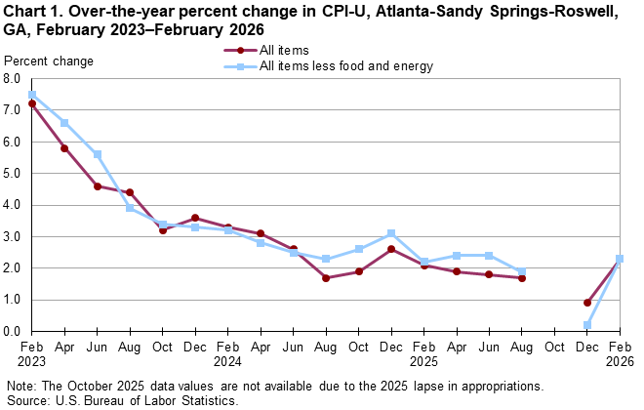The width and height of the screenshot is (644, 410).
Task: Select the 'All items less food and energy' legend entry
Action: coord(345,66)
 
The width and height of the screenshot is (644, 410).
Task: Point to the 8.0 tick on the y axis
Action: coord(13,79)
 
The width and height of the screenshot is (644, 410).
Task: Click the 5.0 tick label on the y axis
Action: coord(13,174)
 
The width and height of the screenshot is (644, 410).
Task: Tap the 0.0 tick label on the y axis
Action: coord(13,332)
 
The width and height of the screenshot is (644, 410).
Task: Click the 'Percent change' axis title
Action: coord(49,61)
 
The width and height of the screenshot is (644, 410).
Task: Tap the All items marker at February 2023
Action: coord(32,103)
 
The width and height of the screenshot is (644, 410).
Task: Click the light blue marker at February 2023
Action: coord(32,95)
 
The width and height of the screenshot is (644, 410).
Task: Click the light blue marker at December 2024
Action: coord(390,233)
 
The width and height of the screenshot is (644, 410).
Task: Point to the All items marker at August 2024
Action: coord(325,278)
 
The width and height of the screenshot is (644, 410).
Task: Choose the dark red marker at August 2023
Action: coord(130,192)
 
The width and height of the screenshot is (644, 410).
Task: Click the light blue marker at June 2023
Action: coord(98,154)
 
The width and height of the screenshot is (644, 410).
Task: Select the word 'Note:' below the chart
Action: coord(22,387)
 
